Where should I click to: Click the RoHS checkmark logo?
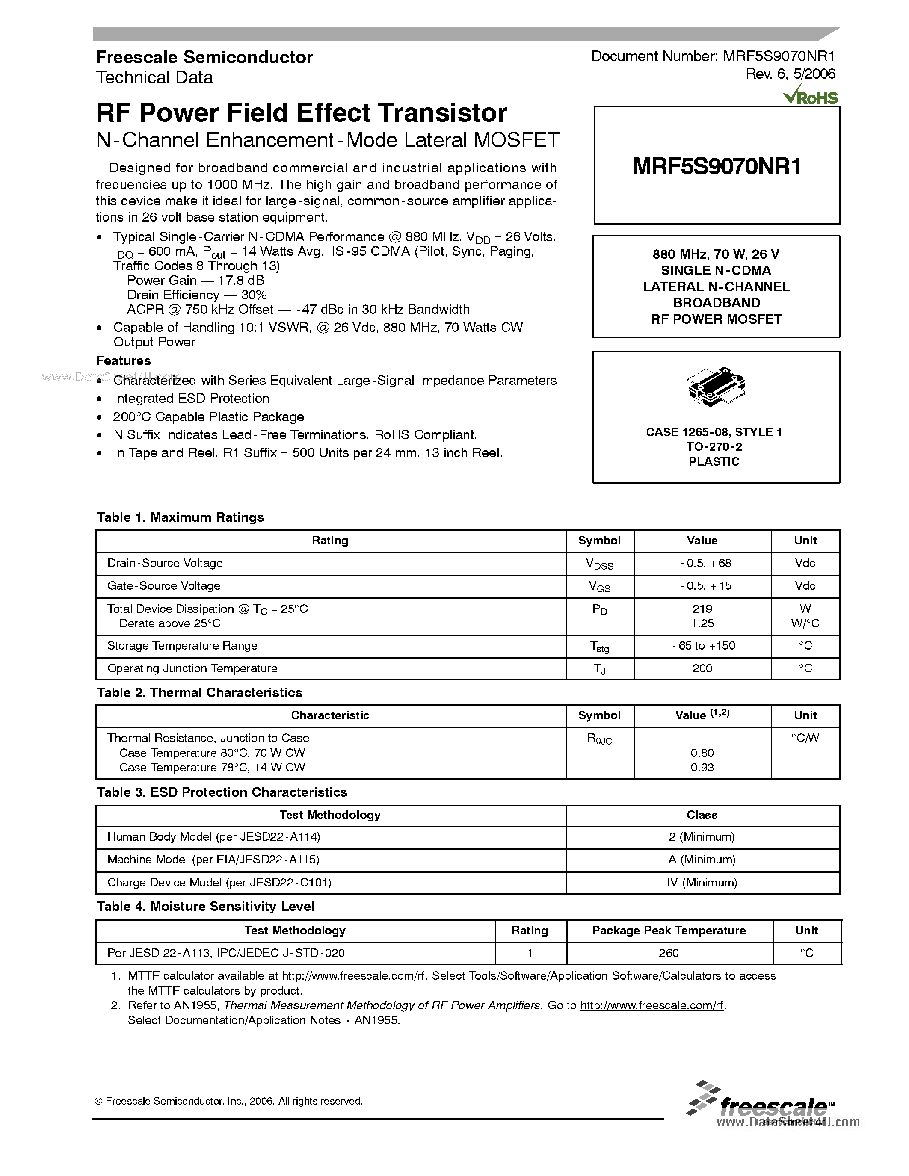[811, 96]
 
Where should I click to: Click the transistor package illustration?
[716, 386]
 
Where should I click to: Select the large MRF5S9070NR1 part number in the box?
[716, 166]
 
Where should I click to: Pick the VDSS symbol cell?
[599, 564]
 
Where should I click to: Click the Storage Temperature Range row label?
[182, 646]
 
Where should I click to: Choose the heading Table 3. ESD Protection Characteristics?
[222, 792]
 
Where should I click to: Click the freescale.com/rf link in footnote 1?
[354, 976]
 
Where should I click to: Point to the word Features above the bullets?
[123, 361]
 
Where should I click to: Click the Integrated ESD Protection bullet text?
[191, 399]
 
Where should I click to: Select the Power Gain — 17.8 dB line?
[195, 281]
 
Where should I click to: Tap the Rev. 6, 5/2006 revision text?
[790, 74]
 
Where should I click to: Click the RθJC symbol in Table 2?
[599, 739]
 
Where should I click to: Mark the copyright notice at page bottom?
[229, 1101]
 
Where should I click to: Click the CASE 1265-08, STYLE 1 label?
[714, 432]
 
